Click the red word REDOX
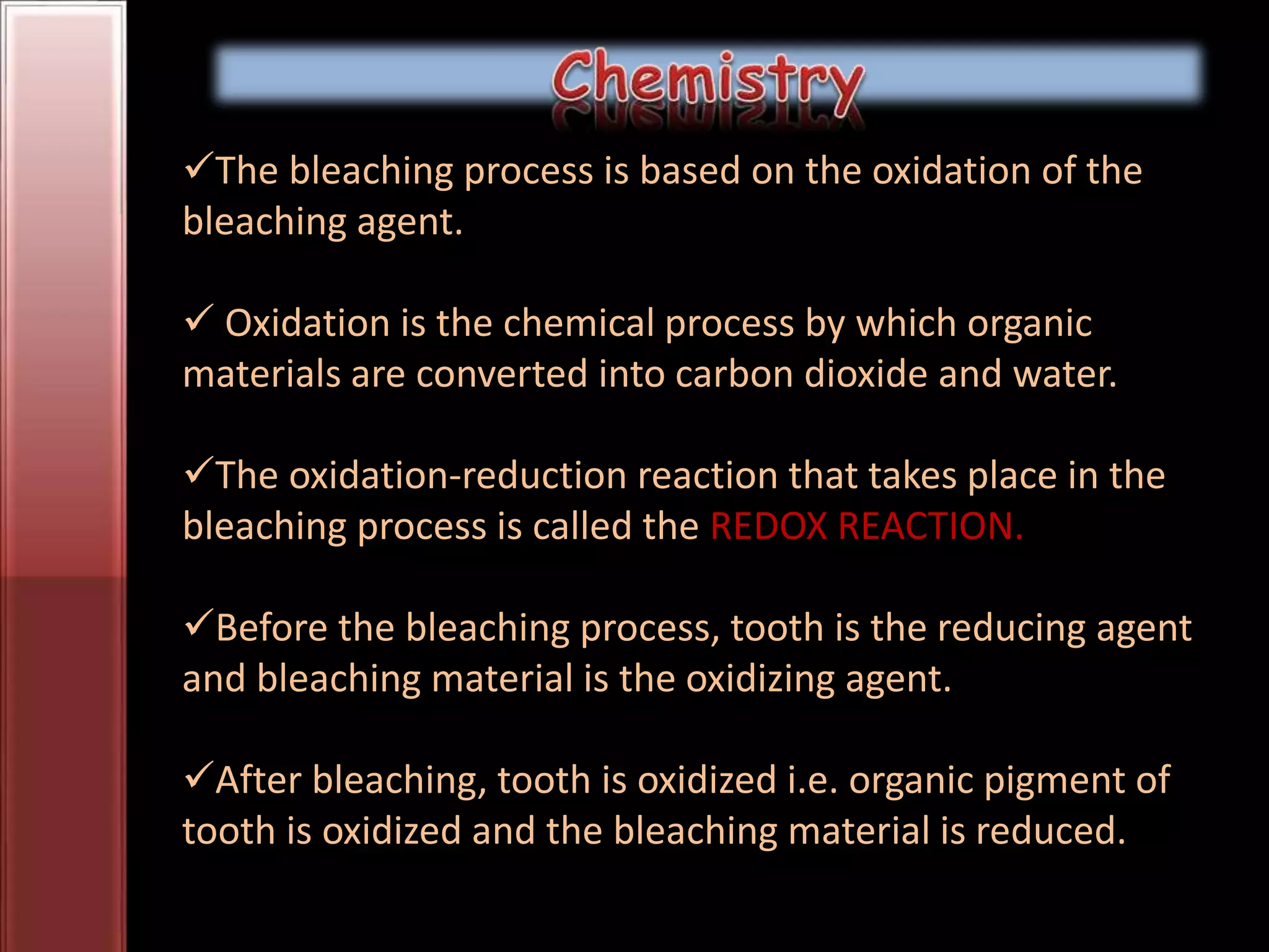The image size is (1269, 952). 768,527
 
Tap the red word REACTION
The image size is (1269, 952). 929,527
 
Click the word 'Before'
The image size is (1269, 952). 271,628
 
